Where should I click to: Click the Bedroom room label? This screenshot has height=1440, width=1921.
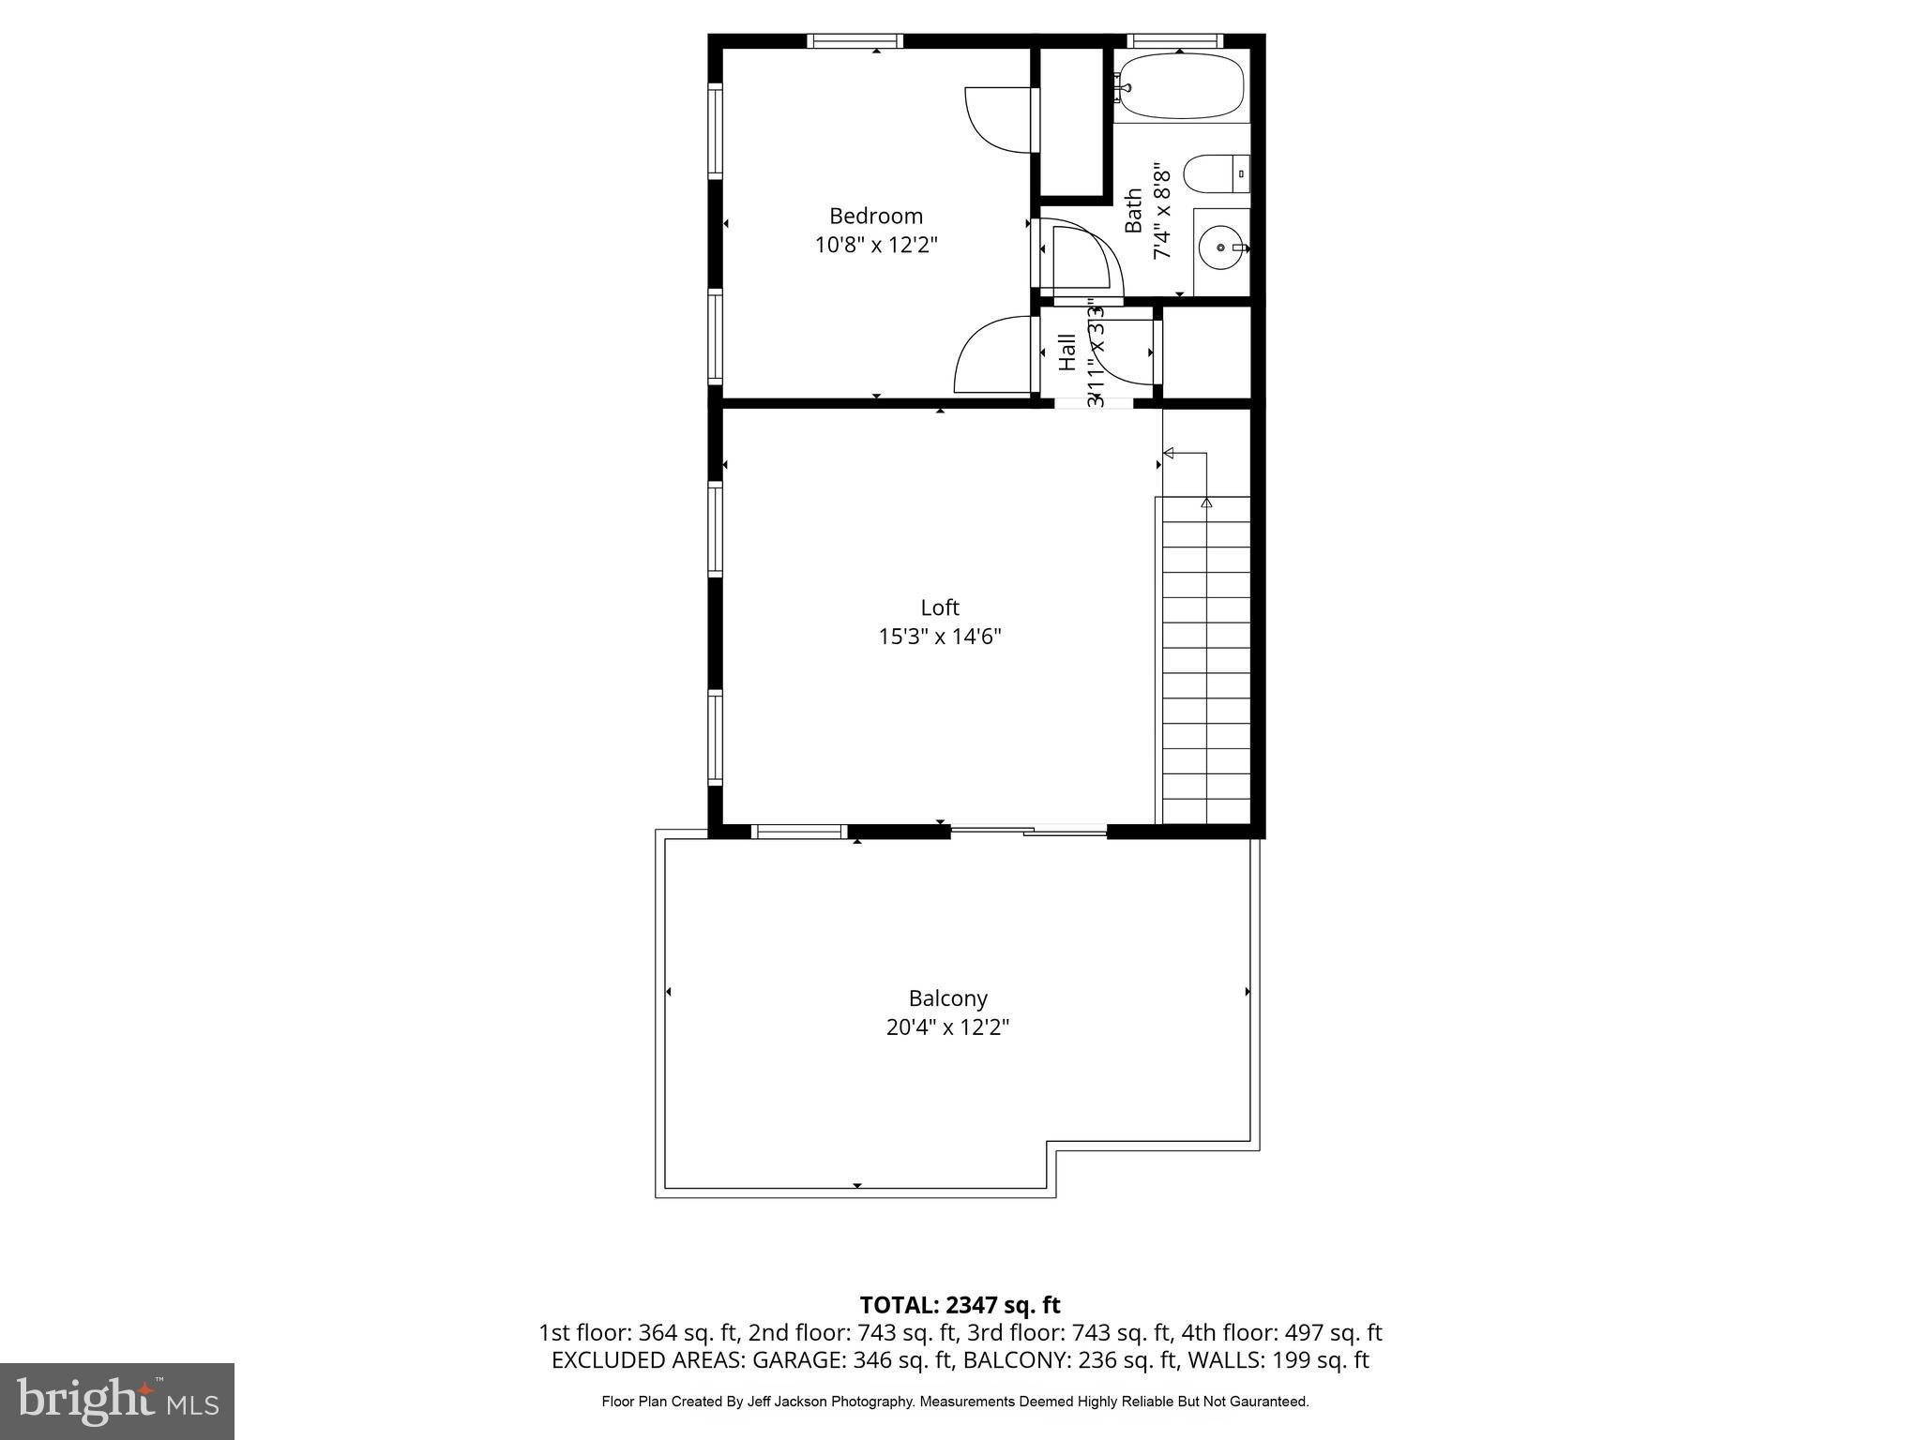click(875, 217)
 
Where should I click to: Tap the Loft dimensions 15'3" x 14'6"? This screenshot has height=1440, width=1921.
click(939, 637)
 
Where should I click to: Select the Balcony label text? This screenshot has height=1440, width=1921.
click(947, 998)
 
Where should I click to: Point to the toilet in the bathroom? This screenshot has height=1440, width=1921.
click(1215, 174)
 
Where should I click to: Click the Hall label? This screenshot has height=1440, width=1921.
click(1067, 352)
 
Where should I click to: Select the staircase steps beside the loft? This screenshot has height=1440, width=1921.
click(1206, 656)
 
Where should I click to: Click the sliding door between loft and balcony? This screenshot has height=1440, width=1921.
click(1029, 830)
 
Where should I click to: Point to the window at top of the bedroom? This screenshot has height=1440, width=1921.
click(855, 41)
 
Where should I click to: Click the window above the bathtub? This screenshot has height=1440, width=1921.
click(1174, 40)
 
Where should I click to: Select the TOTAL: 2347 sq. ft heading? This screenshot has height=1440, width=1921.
click(960, 1305)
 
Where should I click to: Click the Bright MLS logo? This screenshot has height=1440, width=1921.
click(117, 1401)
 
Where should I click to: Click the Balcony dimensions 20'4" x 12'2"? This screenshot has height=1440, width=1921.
click(947, 1028)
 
